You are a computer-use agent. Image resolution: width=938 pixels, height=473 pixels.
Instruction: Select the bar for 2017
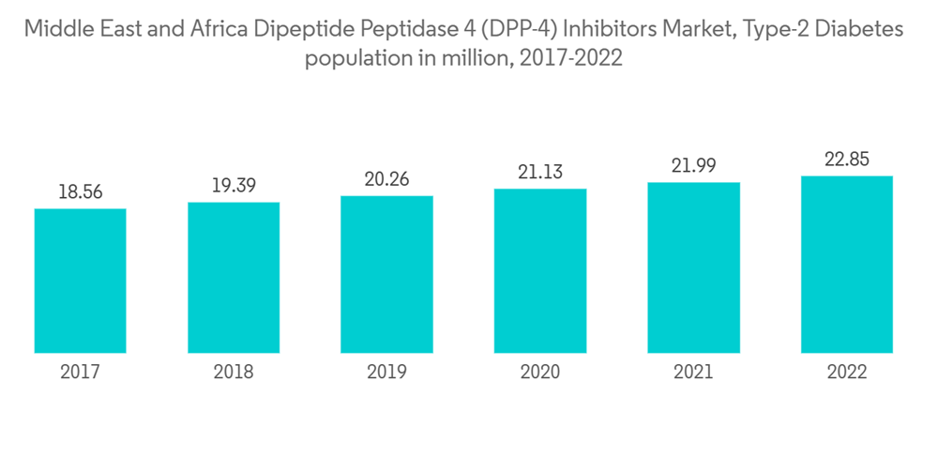tap(80, 281)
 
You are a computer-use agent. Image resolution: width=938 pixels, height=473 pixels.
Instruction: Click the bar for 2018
tap(234, 278)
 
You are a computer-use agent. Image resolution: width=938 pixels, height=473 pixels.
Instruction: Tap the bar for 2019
tap(386, 274)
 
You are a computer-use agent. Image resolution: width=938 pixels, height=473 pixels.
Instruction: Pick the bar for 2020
tap(540, 271)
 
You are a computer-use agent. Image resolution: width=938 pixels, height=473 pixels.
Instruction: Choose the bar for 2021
tap(693, 267)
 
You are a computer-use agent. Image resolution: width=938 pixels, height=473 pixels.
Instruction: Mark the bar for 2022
tap(847, 264)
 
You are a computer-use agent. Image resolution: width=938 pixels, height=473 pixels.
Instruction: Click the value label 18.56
tap(80, 192)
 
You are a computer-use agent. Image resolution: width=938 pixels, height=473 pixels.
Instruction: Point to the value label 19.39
tap(234, 186)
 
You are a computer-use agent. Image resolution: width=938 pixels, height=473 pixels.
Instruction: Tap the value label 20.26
tap(386, 179)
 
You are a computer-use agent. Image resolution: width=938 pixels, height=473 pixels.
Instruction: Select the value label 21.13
tap(540, 173)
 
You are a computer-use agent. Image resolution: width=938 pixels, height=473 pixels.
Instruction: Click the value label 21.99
tap(693, 166)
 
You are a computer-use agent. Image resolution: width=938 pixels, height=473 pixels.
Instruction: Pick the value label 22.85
tap(847, 159)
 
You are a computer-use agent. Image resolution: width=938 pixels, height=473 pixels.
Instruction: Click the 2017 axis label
tap(80, 373)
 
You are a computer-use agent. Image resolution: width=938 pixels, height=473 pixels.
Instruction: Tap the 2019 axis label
tap(386, 373)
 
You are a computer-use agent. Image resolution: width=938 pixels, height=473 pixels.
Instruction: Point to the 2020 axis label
tap(540, 373)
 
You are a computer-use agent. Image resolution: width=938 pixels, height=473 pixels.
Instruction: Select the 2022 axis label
tap(847, 373)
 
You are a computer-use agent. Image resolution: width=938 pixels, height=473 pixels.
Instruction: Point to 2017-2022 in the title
tap(570, 58)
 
